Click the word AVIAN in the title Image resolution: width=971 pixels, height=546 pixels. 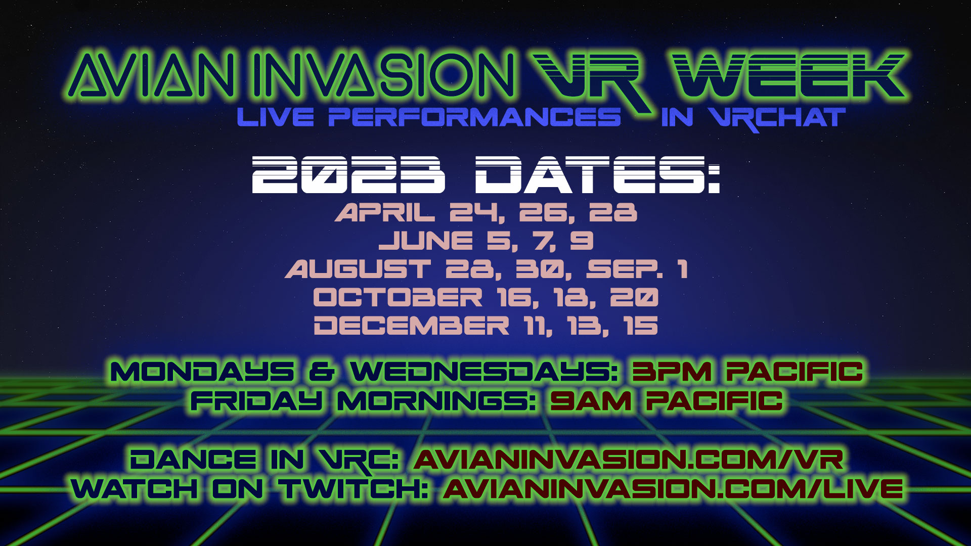click(x=152, y=73)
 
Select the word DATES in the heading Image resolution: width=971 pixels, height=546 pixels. click(x=597, y=174)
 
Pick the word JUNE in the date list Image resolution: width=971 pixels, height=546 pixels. click(x=426, y=241)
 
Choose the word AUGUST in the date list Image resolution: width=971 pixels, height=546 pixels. click(x=358, y=269)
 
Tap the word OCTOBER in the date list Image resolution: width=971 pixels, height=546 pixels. click(x=398, y=297)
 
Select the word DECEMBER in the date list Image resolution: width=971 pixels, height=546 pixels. click(x=412, y=325)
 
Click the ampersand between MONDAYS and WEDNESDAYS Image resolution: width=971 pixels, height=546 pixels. click(x=322, y=372)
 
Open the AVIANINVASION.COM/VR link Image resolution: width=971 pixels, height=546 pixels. click(x=628, y=460)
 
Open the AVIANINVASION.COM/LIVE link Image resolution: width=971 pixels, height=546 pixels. click(x=673, y=489)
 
